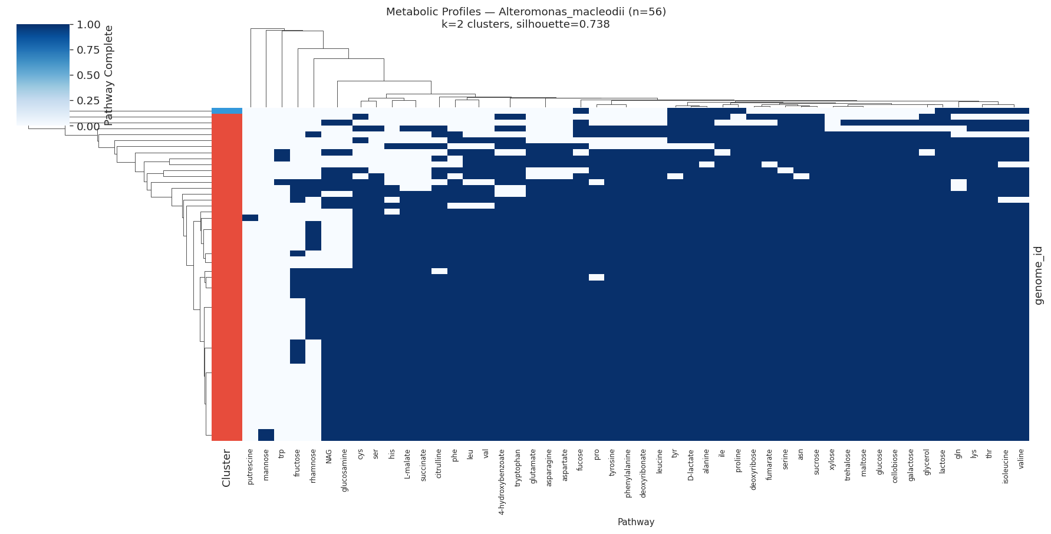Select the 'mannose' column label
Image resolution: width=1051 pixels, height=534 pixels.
tap(266, 465)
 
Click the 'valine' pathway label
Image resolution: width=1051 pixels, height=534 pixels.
tap(1021, 459)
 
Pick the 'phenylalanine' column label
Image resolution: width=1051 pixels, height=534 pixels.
tap(628, 473)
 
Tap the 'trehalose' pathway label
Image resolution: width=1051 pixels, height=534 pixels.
tap(848, 465)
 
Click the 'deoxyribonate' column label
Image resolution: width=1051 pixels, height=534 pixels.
tap(643, 473)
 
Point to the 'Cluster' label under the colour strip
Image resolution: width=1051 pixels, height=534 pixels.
tap(226, 468)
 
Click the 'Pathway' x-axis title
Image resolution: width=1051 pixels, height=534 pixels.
tap(635, 522)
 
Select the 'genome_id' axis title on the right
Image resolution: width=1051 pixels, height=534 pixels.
tap(1039, 275)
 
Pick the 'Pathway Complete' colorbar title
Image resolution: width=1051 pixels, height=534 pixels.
tap(108, 75)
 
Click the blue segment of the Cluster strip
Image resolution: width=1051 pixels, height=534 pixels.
tap(227, 110)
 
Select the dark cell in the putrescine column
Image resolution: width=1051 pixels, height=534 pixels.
tap(250, 217)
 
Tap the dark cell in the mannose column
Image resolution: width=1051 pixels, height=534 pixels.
tap(266, 434)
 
